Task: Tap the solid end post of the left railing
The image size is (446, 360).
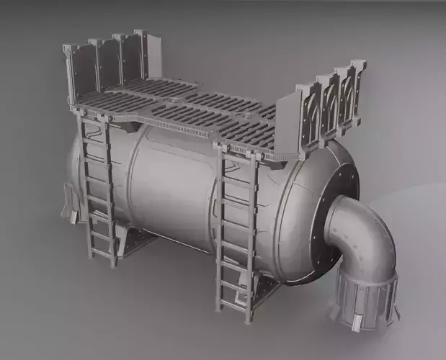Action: tap(141, 54)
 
